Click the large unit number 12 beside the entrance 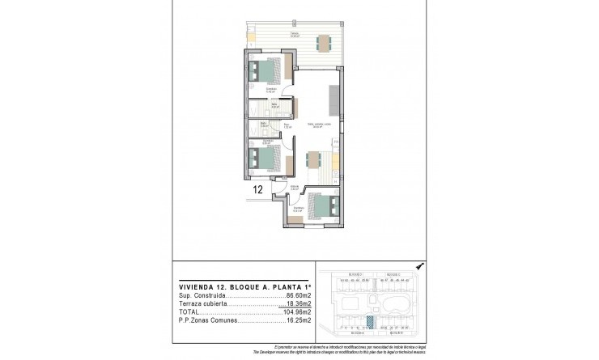pyautogui.click(x=257, y=191)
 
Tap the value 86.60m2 pyautogui.click(x=298, y=297)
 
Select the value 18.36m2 pyautogui.click(x=299, y=303)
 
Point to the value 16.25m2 pyautogui.click(x=298, y=320)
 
